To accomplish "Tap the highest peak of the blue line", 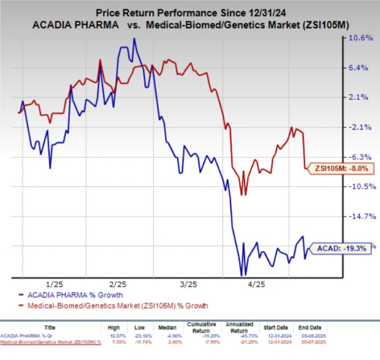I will click(x=134, y=39).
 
